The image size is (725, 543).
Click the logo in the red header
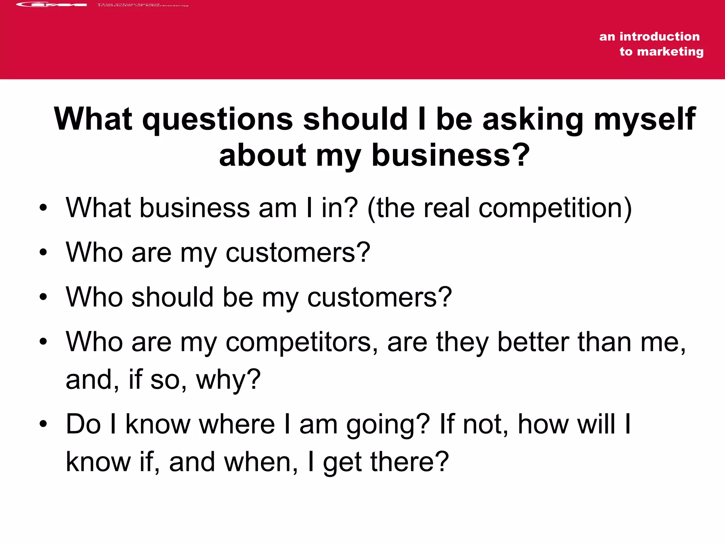(51, 5)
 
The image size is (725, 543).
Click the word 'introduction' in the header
(659, 36)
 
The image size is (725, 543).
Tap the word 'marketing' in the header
(670, 52)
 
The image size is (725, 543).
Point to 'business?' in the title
(450, 156)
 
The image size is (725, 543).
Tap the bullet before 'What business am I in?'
(43, 208)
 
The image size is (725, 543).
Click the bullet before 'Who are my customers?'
(43, 252)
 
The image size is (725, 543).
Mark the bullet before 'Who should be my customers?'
(43, 297)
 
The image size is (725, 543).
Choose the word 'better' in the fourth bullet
(533, 342)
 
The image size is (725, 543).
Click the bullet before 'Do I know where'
(43, 424)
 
